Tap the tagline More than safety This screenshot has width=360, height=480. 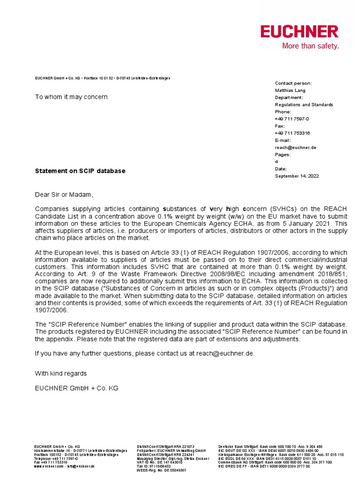coord(310,46)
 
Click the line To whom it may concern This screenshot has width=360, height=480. coord(71,97)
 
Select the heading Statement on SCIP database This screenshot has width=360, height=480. coord(80,171)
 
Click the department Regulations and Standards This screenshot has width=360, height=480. coord(304,105)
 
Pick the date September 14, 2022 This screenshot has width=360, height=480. coord(296,176)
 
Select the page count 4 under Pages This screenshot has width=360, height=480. coord(276,162)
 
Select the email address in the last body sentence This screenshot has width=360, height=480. coord(225,353)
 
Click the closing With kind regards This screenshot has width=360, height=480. coord(60,374)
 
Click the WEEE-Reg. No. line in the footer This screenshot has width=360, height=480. coord(161,470)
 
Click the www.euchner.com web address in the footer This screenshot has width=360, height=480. coord(49,466)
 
